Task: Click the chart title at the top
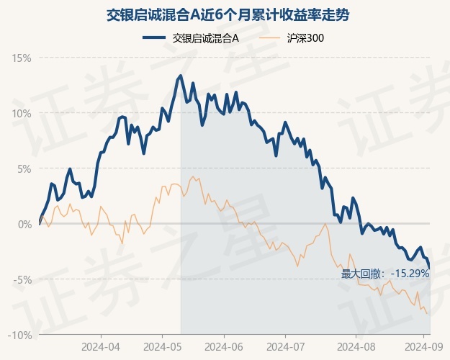coord(225,14)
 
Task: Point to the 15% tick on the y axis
coord(22,58)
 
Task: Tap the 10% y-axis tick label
coord(22,113)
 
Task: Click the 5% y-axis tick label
coord(24,168)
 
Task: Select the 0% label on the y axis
coord(24,224)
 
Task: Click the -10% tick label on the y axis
coord(21,335)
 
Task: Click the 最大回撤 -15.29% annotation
coord(384,274)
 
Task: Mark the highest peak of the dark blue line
coord(180,75)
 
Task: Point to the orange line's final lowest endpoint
coord(429,314)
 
